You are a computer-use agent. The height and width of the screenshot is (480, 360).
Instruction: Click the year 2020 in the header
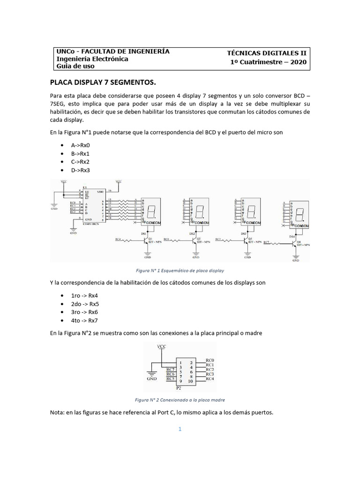(296, 62)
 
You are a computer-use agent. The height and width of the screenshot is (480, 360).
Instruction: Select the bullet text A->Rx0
(80, 145)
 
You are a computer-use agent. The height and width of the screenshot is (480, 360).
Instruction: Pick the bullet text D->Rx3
(80, 170)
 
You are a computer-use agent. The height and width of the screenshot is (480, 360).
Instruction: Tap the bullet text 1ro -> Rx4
(84, 295)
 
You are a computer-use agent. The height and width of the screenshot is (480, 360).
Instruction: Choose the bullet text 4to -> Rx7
(84, 320)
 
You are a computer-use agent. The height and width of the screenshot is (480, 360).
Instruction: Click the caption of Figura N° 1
(180, 270)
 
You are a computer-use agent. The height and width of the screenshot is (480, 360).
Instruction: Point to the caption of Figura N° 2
(180, 400)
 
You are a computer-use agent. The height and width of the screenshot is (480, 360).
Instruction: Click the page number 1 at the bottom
(180, 429)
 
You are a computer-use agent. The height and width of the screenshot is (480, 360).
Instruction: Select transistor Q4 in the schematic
(292, 243)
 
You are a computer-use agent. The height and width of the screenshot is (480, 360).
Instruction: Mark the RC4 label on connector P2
(210, 379)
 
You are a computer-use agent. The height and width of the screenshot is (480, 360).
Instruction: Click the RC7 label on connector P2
(171, 369)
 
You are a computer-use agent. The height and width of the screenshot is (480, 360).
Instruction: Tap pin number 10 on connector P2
(191, 381)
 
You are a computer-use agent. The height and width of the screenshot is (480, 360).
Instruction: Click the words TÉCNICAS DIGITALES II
(267, 53)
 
